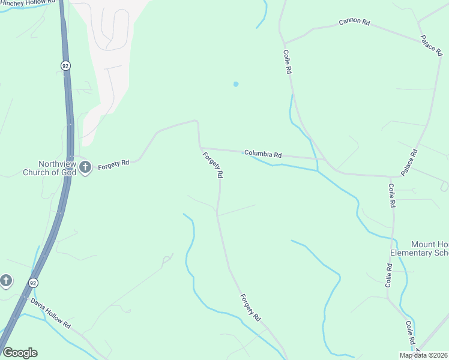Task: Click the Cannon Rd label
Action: [354, 22]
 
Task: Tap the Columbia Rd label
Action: [263, 154]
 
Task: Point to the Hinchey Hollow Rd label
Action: [29, 3]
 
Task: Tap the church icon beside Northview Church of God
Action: [85, 167]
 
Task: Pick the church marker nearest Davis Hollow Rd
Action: [5, 280]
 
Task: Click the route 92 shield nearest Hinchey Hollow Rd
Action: [64, 64]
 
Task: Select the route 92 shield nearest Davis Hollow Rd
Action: [32, 282]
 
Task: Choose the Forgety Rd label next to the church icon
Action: [114, 163]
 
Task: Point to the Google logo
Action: [20, 353]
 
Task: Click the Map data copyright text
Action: [424, 355]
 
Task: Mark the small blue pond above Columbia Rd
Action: [236, 84]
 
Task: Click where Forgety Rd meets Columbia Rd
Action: [200, 148]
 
